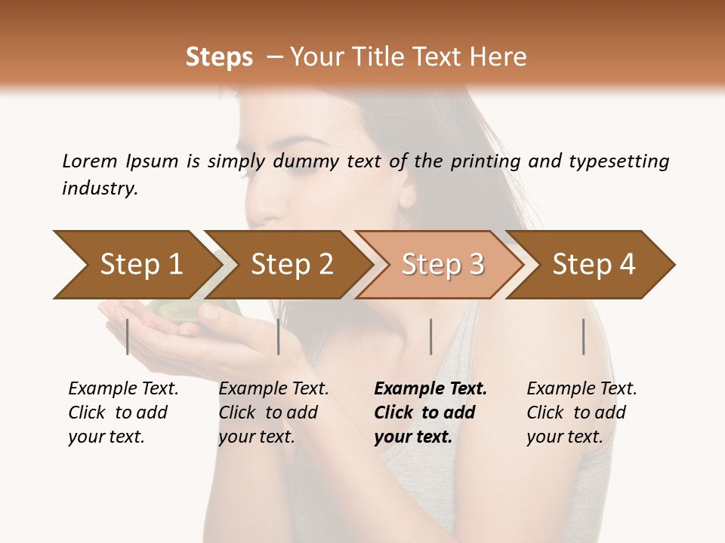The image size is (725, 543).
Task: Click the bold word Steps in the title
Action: [x=219, y=57]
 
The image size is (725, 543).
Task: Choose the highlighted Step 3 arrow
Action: [x=443, y=264]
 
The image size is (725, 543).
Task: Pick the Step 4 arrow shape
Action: [x=594, y=264]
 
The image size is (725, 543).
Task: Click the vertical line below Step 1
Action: [x=128, y=336]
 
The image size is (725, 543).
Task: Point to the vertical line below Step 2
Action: [x=279, y=336]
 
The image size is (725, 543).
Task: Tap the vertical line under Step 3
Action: [x=430, y=336]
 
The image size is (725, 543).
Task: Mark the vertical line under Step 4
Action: [x=583, y=336]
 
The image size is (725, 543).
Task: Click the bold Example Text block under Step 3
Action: [x=430, y=413]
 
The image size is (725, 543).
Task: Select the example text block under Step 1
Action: [x=123, y=413]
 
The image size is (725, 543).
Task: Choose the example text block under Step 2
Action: [x=273, y=413]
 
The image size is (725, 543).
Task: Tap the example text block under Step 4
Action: [x=582, y=413]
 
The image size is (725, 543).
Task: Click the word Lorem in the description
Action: [x=90, y=161]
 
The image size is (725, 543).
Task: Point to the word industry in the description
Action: [x=100, y=189]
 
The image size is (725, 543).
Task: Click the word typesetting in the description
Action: [x=619, y=161]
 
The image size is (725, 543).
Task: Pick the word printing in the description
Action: [x=486, y=161]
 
